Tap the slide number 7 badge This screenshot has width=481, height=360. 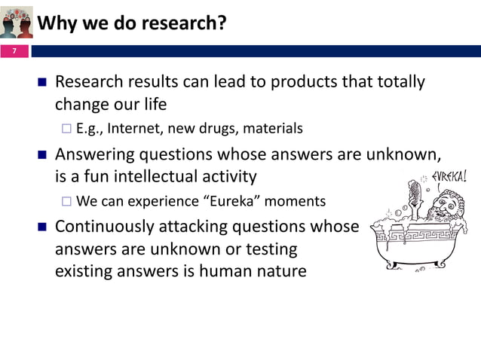pos(13,51)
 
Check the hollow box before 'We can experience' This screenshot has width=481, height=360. pos(66,202)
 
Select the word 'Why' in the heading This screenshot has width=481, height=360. pos(54,23)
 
